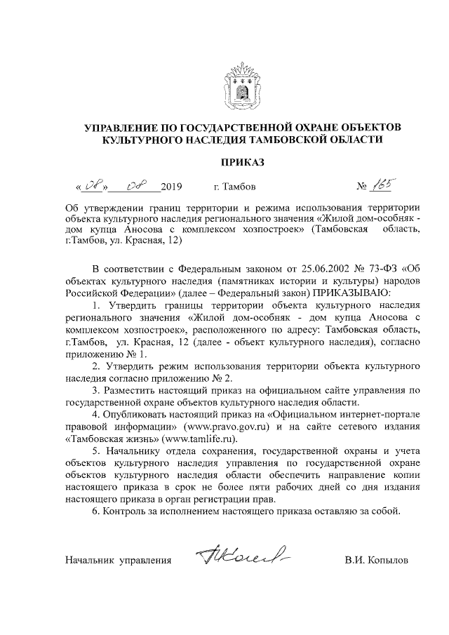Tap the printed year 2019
click(171, 187)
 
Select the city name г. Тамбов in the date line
click(234, 187)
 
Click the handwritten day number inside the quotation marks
click(93, 186)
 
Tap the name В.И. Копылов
click(375, 561)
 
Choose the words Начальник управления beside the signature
click(118, 561)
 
